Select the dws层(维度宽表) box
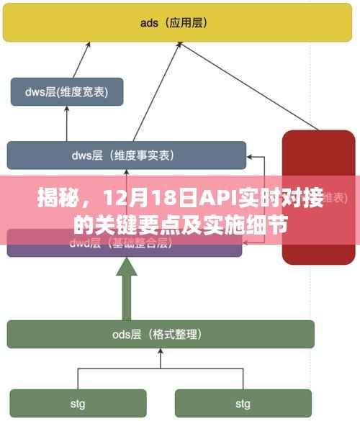[x=66, y=91]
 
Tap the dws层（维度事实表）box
[x=126, y=155]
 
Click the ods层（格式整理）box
[x=161, y=334]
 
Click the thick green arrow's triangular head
[x=127, y=268]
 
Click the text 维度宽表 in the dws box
[x=83, y=91]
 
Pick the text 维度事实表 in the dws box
[x=144, y=155]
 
